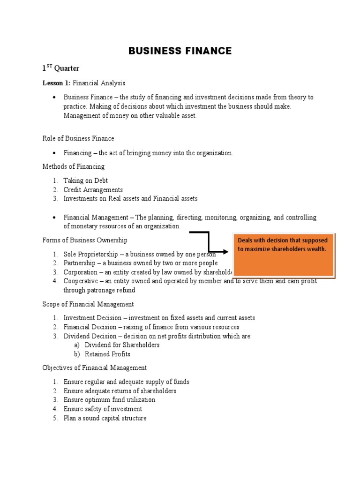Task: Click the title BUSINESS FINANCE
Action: coord(180,51)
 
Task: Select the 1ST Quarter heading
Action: coord(60,68)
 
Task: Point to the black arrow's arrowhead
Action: coord(226,252)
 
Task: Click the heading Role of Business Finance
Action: coord(78,138)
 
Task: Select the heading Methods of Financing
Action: coord(74,166)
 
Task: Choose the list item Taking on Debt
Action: coord(86,180)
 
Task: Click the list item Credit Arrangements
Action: coord(93,189)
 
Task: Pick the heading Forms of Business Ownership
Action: coord(85,240)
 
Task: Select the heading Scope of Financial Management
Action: coord(88,304)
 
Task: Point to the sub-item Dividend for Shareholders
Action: coord(122,345)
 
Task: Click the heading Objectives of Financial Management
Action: coord(95,367)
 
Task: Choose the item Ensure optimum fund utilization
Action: coord(109,400)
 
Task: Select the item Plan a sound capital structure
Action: coord(105,418)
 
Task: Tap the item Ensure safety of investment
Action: coord(103,409)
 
